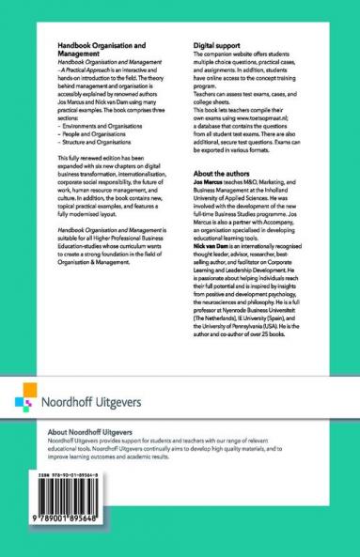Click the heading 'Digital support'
point(218,43)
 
